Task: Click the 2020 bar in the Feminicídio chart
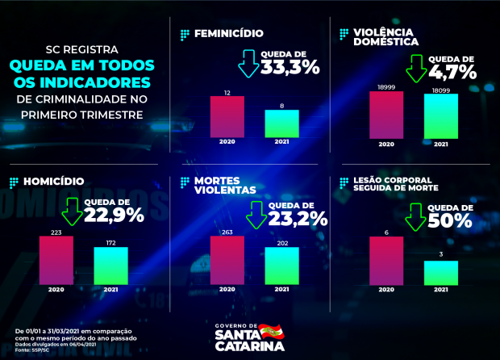click(227, 117)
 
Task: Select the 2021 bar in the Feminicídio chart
click(281, 123)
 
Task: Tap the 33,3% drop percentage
click(290, 69)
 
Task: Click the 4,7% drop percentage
click(453, 73)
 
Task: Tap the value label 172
click(110, 242)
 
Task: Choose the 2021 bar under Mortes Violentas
click(281, 266)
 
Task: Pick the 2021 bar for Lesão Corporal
click(441, 273)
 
